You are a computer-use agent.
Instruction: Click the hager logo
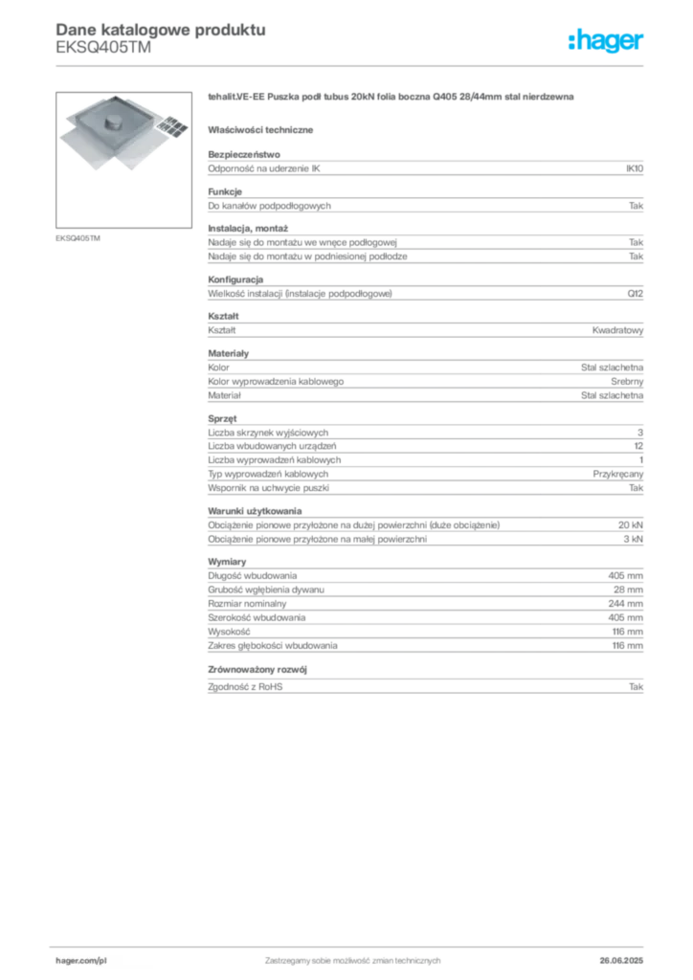(605, 41)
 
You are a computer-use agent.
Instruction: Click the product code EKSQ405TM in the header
(103, 48)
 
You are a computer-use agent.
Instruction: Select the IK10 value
(635, 168)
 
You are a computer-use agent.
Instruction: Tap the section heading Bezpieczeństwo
(244, 154)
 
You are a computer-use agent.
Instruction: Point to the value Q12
(635, 294)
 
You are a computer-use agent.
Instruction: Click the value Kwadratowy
(617, 330)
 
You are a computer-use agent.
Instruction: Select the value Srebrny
(627, 382)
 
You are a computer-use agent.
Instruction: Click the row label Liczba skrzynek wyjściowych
(268, 433)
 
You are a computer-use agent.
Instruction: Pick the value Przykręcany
(618, 475)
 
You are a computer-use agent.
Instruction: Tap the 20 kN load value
(631, 525)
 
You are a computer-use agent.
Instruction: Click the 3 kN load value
(633, 540)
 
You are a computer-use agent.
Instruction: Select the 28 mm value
(628, 590)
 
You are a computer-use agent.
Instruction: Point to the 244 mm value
(625, 604)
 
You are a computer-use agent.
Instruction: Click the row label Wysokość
(229, 632)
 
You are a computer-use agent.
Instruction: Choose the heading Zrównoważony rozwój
(257, 669)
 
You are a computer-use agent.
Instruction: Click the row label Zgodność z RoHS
(245, 687)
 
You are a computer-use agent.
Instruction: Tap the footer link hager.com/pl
(81, 961)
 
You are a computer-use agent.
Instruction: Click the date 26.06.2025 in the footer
(621, 961)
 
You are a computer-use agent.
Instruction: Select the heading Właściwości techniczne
(260, 130)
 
